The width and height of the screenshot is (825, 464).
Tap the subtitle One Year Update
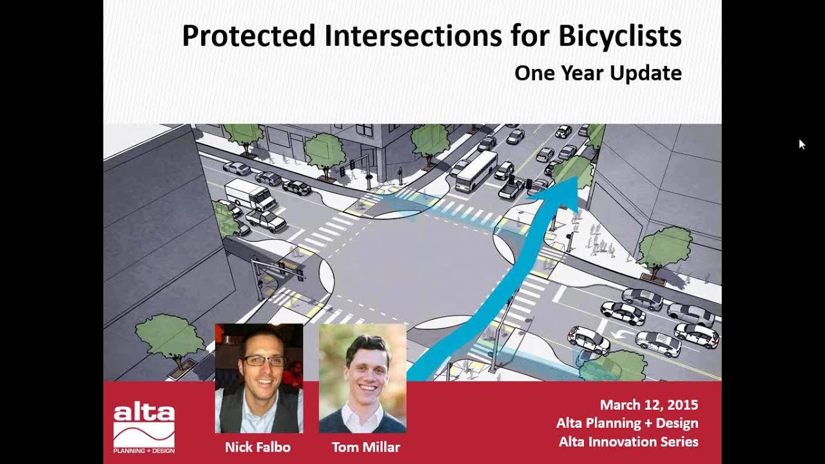(x=597, y=73)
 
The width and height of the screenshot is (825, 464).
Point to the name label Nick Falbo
(x=257, y=447)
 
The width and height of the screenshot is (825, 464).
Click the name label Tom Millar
(x=365, y=447)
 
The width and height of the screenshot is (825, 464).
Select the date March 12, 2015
(x=648, y=405)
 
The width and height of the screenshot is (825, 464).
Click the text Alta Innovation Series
(x=628, y=441)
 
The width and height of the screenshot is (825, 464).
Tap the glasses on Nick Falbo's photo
(x=264, y=361)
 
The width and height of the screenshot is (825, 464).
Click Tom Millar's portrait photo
(x=362, y=378)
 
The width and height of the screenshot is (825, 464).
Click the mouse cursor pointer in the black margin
(x=801, y=143)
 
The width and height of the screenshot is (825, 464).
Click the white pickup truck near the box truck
(x=265, y=220)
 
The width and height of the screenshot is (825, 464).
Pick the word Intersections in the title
(x=412, y=37)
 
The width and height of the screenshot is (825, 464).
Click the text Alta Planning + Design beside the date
(x=626, y=423)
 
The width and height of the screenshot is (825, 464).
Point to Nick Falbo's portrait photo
(x=258, y=378)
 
